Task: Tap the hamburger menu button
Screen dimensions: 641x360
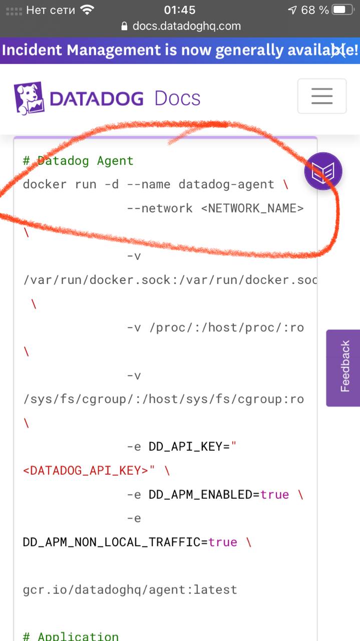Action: (x=321, y=96)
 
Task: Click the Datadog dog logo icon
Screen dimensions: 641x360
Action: (x=29, y=98)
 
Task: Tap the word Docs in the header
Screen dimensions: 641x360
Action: (x=177, y=98)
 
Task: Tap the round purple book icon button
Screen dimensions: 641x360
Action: (x=323, y=172)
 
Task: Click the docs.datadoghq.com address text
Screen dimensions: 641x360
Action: (x=186, y=26)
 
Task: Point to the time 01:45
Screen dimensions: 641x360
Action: (x=180, y=10)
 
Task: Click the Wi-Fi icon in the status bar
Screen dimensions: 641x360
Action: (x=87, y=10)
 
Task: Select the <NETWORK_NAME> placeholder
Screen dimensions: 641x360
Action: (x=252, y=208)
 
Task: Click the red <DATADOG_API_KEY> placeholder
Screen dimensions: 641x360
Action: (x=86, y=471)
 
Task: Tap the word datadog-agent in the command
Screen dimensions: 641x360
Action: (x=226, y=184)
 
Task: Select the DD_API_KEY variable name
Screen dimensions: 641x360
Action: (x=185, y=447)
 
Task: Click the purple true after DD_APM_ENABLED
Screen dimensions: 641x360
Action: (x=275, y=495)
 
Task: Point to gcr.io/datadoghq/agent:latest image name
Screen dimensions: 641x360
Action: (x=130, y=589)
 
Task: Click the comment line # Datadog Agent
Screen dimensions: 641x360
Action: (x=78, y=161)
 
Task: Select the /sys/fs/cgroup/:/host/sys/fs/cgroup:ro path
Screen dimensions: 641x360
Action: (x=163, y=399)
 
